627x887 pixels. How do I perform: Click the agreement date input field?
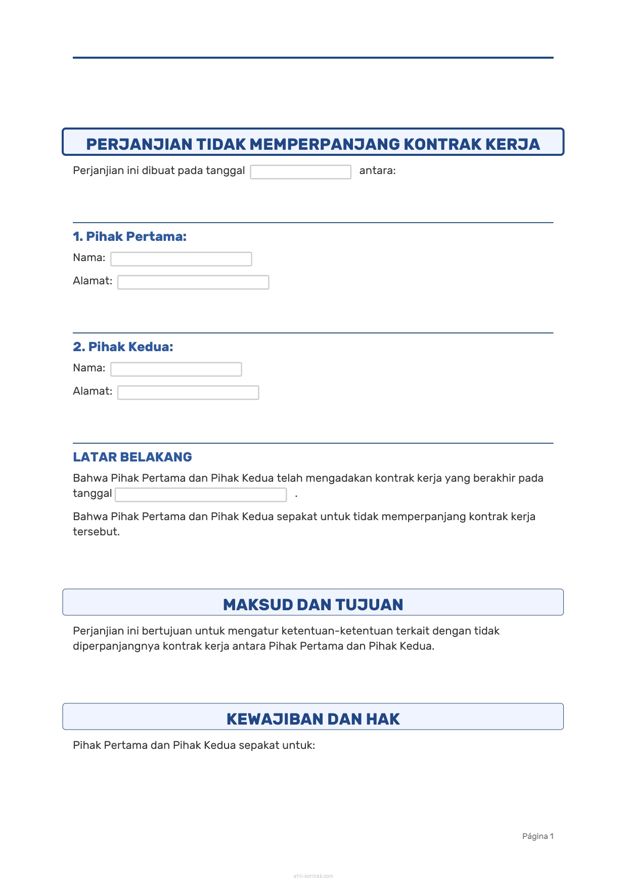click(x=300, y=172)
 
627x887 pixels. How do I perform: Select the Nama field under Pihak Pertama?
click(x=181, y=259)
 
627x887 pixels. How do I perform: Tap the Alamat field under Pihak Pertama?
click(x=193, y=282)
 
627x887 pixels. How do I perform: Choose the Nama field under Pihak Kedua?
click(x=176, y=369)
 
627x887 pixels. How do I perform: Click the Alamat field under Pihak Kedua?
click(x=188, y=393)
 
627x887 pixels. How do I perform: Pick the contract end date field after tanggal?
click(x=201, y=495)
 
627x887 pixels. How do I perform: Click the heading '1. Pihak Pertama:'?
click(x=129, y=236)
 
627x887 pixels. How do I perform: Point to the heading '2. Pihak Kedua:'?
click(x=123, y=347)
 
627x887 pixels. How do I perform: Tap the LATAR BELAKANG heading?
click(x=132, y=457)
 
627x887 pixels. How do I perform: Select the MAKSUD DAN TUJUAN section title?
click(x=313, y=605)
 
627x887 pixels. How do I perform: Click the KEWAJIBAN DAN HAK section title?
click(x=313, y=719)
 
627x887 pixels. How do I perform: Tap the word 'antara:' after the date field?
click(x=377, y=171)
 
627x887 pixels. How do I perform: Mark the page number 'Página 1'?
click(x=538, y=836)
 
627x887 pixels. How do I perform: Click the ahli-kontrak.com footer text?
click(x=313, y=876)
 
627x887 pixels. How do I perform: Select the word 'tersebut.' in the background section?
click(x=96, y=532)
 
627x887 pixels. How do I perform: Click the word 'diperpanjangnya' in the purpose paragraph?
click(x=116, y=646)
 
